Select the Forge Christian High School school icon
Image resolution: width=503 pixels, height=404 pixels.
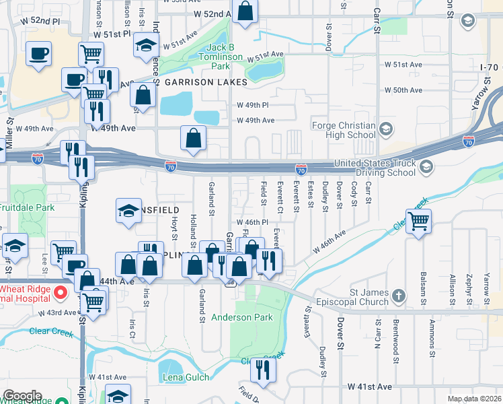pos(386,128)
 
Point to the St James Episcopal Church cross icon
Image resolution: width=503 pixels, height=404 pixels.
pos(399,296)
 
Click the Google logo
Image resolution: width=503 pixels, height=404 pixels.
pos(22,395)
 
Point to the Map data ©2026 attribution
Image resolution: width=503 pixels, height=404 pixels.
pos(474,399)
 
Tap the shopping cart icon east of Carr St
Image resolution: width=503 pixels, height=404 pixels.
pos(418,220)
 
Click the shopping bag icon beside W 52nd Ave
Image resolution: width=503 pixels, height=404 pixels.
pos(245,11)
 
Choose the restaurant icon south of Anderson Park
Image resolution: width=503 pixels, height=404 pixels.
pos(263,369)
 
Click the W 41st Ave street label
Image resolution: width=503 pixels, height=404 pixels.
pos(369,387)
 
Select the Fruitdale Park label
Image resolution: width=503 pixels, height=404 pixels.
pos(28,208)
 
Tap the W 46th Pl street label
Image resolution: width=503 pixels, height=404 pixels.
pos(252,222)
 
